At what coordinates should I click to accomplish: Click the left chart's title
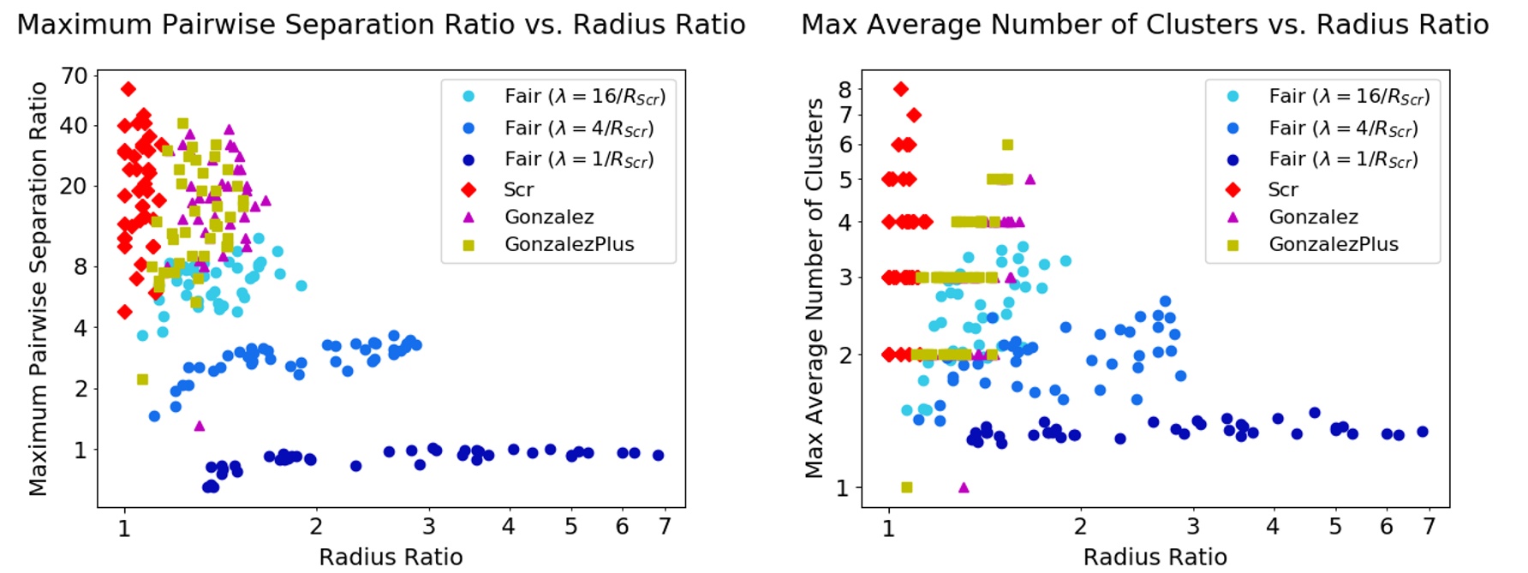coord(381,24)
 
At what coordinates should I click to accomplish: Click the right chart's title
coord(1144,24)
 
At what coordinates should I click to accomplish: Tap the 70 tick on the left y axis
coord(75,76)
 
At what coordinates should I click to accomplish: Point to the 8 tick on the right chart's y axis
coord(845,89)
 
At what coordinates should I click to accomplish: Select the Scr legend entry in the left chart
coord(517,189)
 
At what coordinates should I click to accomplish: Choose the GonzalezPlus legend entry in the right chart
coord(1333,244)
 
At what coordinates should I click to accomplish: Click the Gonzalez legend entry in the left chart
coord(548,217)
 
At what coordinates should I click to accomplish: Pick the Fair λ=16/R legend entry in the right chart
coord(1348,96)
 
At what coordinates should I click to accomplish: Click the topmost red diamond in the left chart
coord(128,89)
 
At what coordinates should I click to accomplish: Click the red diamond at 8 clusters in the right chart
coord(901,89)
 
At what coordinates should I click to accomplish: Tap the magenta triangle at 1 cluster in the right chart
coord(964,487)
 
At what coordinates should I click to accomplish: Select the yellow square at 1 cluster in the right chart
coord(907,487)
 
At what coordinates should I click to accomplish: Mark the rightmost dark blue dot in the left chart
coord(658,455)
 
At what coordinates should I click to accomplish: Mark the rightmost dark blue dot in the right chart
coord(1423,432)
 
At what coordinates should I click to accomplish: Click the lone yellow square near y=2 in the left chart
coord(142,379)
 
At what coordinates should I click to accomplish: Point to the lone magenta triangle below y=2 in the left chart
coord(200,426)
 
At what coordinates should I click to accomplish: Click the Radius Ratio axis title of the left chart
coord(391,557)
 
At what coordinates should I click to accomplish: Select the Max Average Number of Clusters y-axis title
coord(814,287)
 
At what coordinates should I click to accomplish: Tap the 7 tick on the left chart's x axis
coord(665,526)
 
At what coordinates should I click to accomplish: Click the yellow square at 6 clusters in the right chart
coord(1007,145)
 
